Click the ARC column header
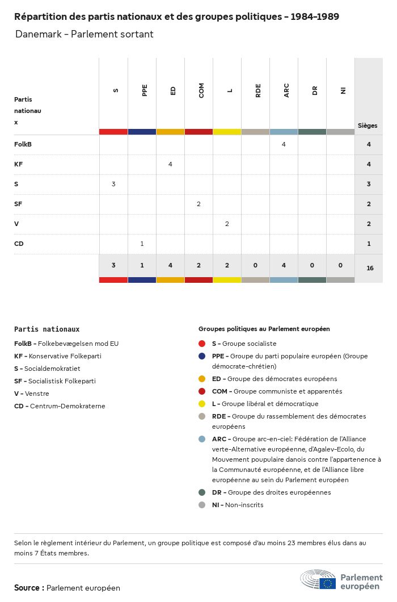tap(286, 90)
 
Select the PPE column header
tap(145, 90)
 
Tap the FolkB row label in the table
tap(23, 144)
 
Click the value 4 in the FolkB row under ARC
tap(284, 144)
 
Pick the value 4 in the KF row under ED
tap(170, 164)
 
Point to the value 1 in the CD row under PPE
tap(142, 244)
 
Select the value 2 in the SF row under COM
tap(198, 204)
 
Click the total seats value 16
tap(370, 268)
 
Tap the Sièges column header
tap(368, 126)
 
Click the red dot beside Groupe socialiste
tap(202, 344)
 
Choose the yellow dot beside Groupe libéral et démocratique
tap(202, 404)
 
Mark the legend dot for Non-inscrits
tap(202, 505)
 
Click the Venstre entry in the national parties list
tap(32, 394)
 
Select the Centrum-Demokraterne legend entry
tap(60, 406)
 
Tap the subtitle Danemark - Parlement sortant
tap(84, 34)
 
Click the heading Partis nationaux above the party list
tap(47, 329)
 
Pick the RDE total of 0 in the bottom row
tap(255, 265)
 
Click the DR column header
tap(315, 90)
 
